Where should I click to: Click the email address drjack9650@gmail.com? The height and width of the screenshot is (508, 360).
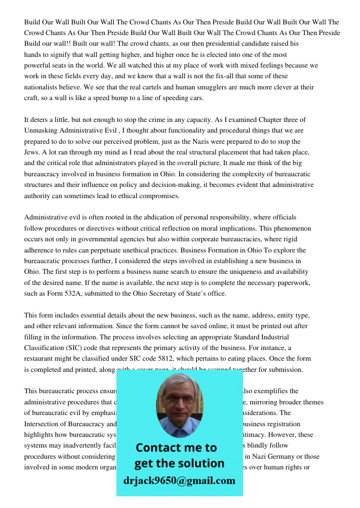coord(179,481)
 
